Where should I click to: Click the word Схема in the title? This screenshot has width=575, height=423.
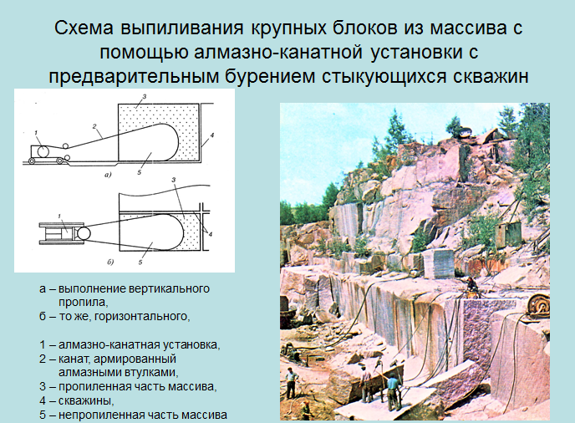(84, 28)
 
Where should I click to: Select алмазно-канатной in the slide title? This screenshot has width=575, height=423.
(278, 52)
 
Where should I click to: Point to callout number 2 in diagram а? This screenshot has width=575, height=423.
(94, 126)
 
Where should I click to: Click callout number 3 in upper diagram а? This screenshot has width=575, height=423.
(145, 97)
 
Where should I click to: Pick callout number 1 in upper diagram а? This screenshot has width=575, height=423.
(36, 133)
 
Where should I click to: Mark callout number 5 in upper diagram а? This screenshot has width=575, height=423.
(140, 172)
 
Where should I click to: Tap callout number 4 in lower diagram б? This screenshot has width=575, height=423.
(210, 234)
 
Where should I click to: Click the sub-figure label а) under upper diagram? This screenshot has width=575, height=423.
(108, 175)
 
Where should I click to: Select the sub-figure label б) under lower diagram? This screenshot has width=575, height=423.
(110, 262)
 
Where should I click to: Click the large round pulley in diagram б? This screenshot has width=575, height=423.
(84, 233)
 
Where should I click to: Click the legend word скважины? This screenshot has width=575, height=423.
(86, 400)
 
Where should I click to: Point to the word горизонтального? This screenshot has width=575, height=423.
(142, 316)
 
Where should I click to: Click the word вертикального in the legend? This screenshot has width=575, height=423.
(170, 288)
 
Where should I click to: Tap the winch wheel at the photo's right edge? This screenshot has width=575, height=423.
(538, 303)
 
